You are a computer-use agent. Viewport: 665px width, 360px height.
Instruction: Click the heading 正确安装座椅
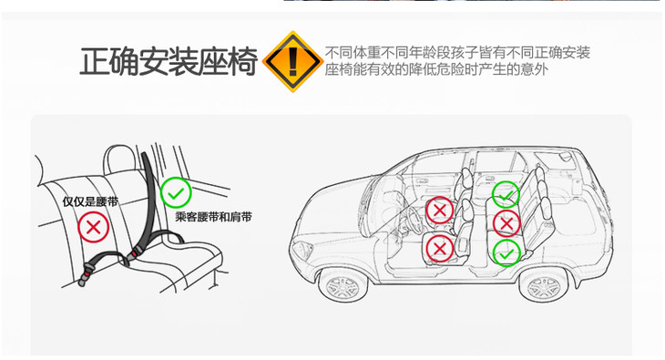[169, 62]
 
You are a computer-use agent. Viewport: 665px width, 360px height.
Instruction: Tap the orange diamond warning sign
[292, 61]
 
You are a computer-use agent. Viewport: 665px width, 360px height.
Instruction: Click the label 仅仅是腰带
[90, 201]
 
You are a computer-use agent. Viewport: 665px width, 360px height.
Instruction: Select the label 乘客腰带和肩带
[213, 217]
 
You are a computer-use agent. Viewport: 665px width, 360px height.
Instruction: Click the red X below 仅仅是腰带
[93, 227]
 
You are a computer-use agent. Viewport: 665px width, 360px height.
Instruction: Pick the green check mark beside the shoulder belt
[176, 193]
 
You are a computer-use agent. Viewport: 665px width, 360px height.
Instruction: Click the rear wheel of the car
[543, 285]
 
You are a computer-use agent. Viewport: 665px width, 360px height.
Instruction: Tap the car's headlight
[302, 250]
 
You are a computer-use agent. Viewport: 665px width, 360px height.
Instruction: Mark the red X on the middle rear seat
[506, 223]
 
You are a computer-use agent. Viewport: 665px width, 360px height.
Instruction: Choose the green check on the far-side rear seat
[506, 194]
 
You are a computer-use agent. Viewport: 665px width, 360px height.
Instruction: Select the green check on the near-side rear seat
[506, 253]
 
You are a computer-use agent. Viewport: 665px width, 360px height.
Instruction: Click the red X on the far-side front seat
[439, 211]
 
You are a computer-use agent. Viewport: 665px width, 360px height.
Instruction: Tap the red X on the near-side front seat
[439, 249]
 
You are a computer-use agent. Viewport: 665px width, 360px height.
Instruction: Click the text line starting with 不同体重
[457, 53]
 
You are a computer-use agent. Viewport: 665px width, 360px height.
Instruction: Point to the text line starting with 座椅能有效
[436, 69]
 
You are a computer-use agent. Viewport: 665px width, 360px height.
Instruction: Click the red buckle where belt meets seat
[133, 254]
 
